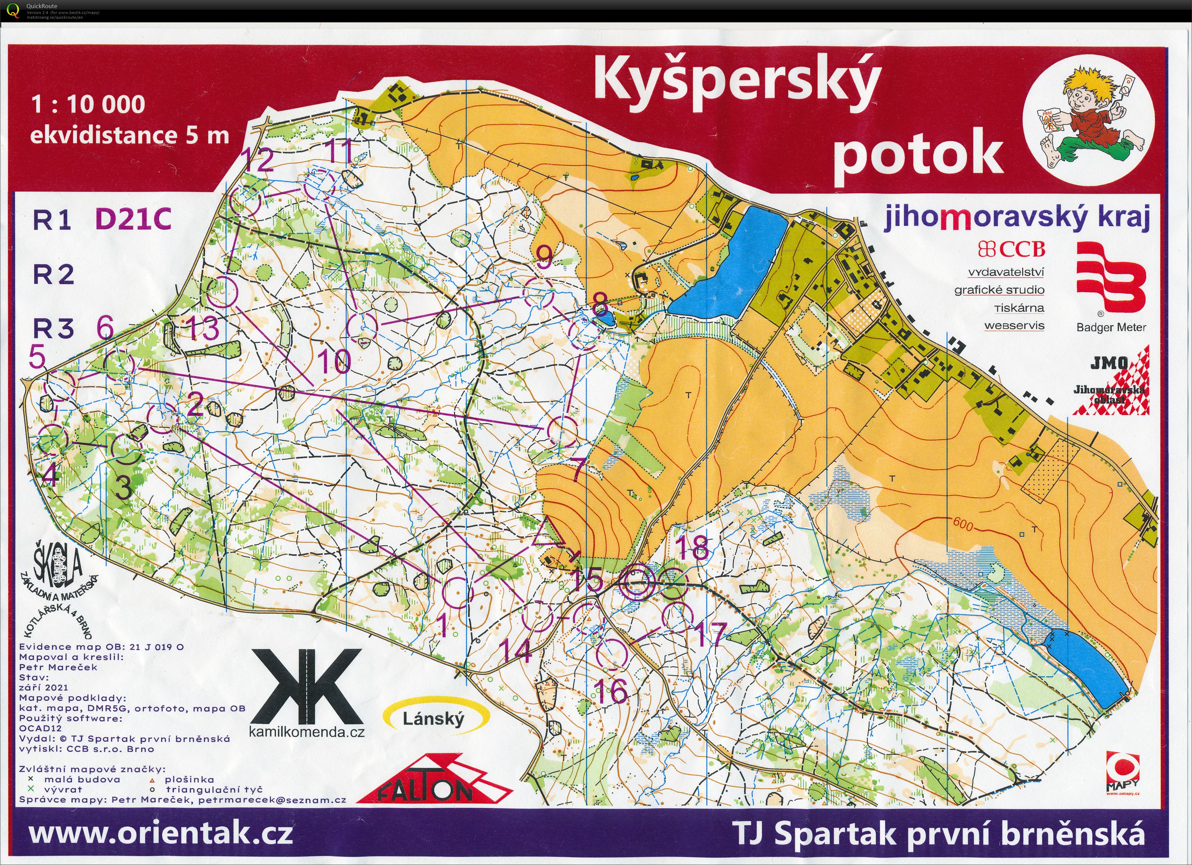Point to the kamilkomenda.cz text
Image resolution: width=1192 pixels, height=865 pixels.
coord(306,732)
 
